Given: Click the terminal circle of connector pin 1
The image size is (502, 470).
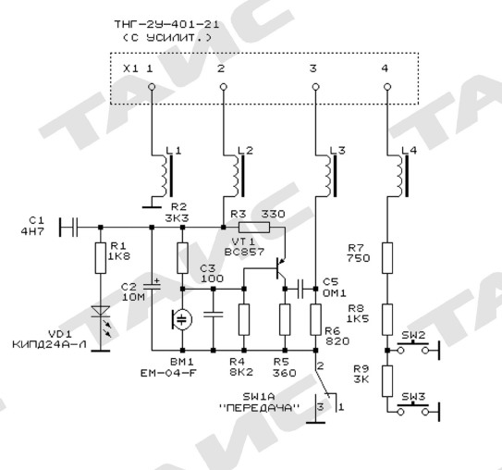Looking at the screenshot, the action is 152,87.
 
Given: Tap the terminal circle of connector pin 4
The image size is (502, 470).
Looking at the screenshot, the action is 387,87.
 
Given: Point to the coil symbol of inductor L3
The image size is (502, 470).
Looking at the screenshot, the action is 330,176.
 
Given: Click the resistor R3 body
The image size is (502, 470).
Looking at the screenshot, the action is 254,228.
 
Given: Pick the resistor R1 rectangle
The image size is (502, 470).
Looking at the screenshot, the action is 101,258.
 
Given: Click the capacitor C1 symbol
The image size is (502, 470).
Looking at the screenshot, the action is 68,228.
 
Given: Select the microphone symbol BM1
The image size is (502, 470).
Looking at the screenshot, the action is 182,319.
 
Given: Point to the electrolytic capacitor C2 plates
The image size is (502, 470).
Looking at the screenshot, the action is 152,286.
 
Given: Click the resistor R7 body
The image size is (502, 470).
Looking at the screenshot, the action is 387,258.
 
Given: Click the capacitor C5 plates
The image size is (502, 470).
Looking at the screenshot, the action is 300,289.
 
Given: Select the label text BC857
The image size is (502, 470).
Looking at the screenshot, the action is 244,252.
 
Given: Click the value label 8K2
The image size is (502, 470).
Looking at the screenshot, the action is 241,372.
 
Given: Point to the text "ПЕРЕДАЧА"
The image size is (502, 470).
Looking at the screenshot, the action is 260,408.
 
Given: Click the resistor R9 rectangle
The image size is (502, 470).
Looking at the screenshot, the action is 387,381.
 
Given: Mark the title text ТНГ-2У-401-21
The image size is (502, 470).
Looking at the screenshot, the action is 166,25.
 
